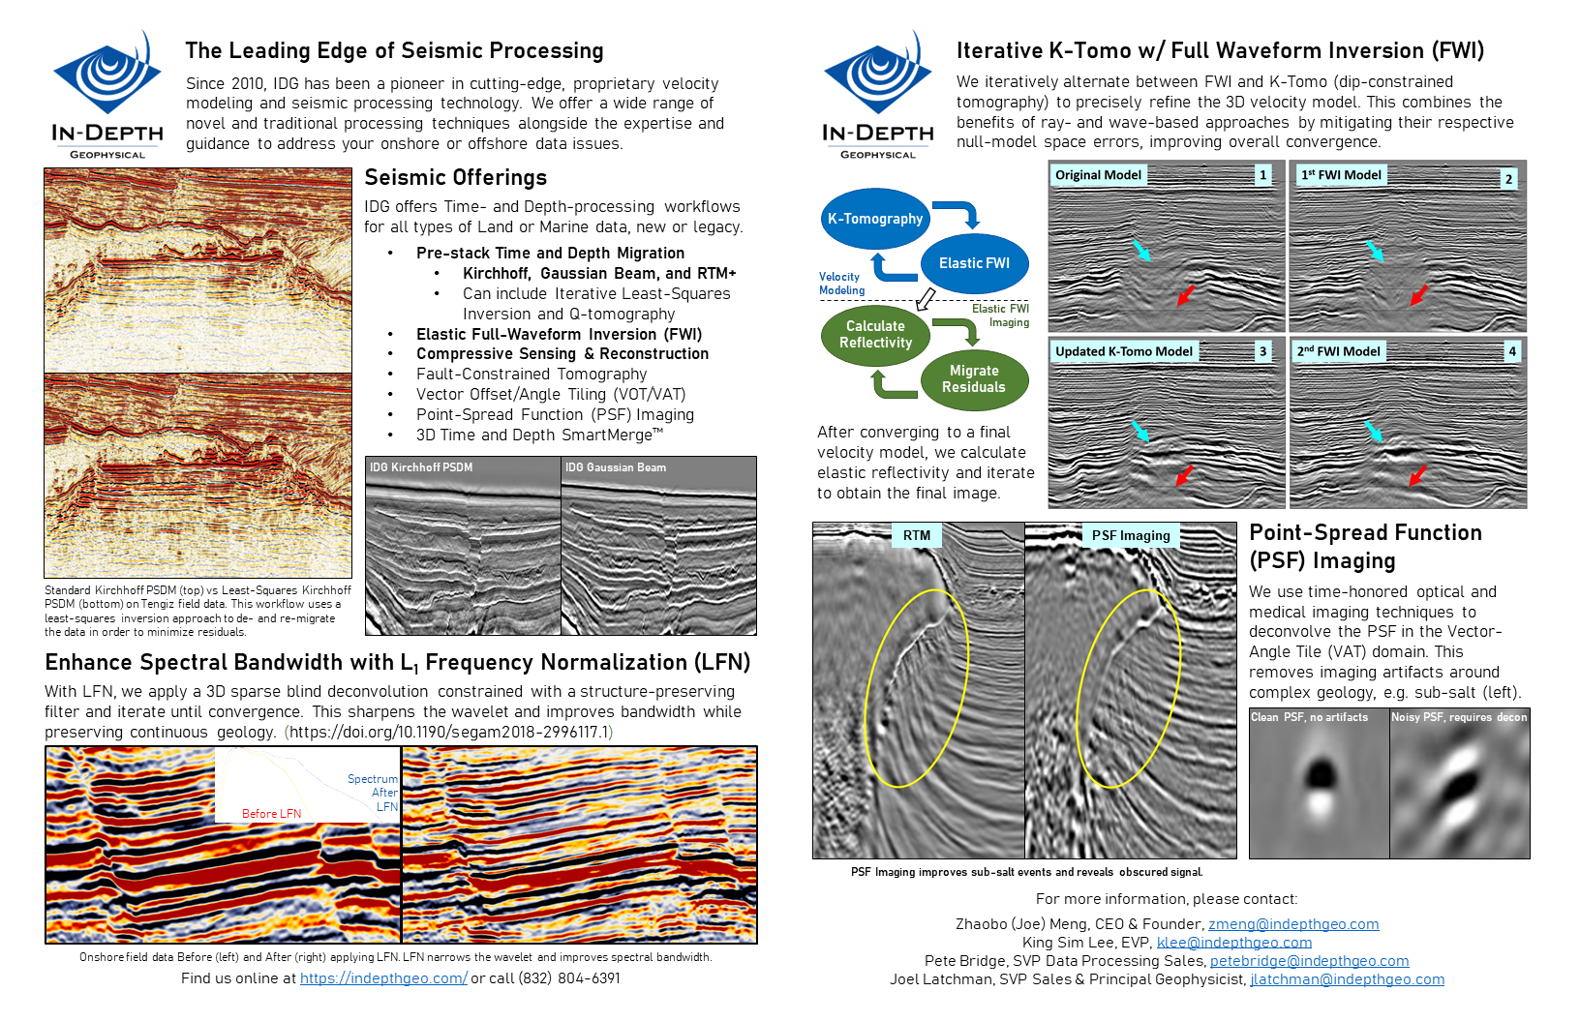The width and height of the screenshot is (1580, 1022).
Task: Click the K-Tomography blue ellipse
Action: (875, 219)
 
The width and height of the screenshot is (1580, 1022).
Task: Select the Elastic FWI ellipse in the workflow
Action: (974, 263)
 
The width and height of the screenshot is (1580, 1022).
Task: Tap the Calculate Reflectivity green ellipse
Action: (875, 335)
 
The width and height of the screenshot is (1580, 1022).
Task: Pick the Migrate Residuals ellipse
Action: (974, 379)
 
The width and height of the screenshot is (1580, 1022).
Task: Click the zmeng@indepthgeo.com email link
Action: (1293, 924)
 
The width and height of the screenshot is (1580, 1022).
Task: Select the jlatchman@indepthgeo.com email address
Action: (1347, 979)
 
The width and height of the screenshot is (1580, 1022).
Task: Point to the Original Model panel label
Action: (1098, 175)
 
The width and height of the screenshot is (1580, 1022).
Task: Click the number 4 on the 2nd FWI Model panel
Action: (1511, 351)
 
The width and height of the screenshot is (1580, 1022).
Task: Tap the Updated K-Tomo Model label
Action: (1123, 351)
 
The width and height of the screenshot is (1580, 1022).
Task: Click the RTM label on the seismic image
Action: (916, 535)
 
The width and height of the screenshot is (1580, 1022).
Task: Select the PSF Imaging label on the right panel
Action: (1130, 535)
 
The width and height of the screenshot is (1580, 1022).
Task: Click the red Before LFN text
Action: (271, 814)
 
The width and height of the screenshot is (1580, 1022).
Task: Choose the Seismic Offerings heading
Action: (455, 177)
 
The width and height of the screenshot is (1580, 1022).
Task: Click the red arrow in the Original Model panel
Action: (1185, 294)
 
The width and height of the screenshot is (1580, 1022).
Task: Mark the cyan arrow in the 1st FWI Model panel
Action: (1375, 251)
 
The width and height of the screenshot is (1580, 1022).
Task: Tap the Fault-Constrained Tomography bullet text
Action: (531, 374)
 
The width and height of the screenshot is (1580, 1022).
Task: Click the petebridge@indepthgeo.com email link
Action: (1309, 961)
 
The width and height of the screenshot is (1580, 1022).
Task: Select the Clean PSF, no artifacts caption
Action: (1309, 717)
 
